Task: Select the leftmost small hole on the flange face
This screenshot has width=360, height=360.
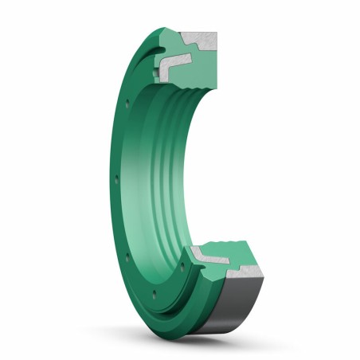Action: tap(117, 180)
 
